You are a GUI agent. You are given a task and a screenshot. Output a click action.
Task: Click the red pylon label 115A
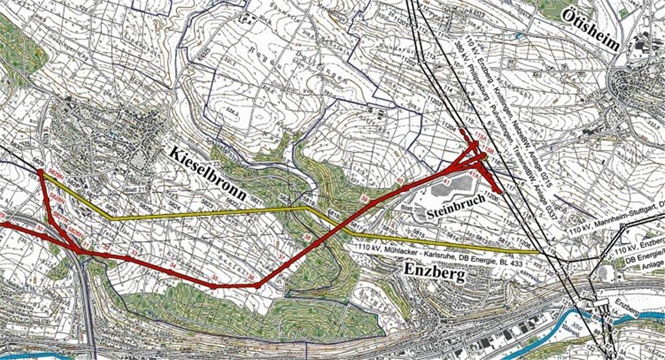[x=479, y=135]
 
